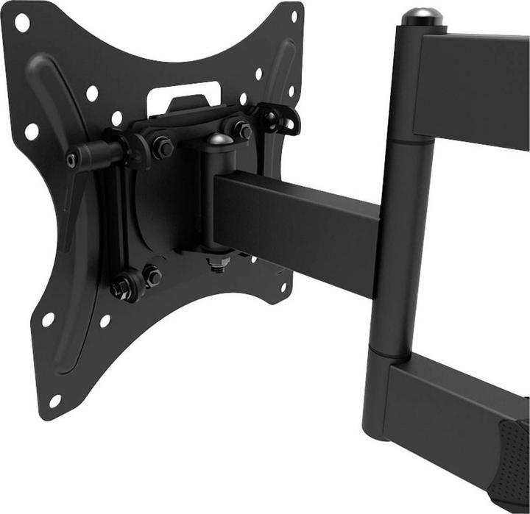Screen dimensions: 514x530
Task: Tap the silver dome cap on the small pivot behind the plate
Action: coord(219,139)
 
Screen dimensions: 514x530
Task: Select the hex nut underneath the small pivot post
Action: coord(217,263)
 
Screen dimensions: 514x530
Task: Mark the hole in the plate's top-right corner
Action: coord(294,15)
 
